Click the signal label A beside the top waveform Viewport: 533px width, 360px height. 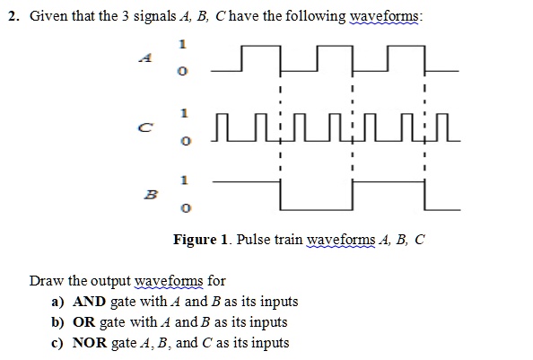pos(145,57)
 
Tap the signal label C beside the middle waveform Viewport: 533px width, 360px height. pos(145,127)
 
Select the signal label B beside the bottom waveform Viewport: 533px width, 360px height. pos(151,195)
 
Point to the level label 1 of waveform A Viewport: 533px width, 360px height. pos(182,44)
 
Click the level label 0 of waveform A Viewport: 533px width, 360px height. pos(182,72)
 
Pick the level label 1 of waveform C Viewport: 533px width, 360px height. pos(184,113)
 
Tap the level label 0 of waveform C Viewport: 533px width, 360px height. pos(185,141)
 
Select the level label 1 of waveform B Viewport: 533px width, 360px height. pos(184,180)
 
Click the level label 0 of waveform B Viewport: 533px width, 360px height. pos(185,207)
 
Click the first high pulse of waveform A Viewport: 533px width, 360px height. pos(261,46)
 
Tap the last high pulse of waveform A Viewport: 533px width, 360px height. pos(406,46)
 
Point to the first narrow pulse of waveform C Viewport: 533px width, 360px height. pos(222,115)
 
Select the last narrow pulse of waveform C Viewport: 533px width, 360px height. pos(441,115)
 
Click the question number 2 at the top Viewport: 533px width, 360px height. pos(13,16)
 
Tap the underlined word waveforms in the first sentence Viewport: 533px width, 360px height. pos(384,16)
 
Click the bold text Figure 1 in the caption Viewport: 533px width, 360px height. pos(200,240)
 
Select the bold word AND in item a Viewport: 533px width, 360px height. pos(90,302)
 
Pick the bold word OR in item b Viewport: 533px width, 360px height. pos(84,322)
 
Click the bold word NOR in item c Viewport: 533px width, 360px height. pos(90,343)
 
